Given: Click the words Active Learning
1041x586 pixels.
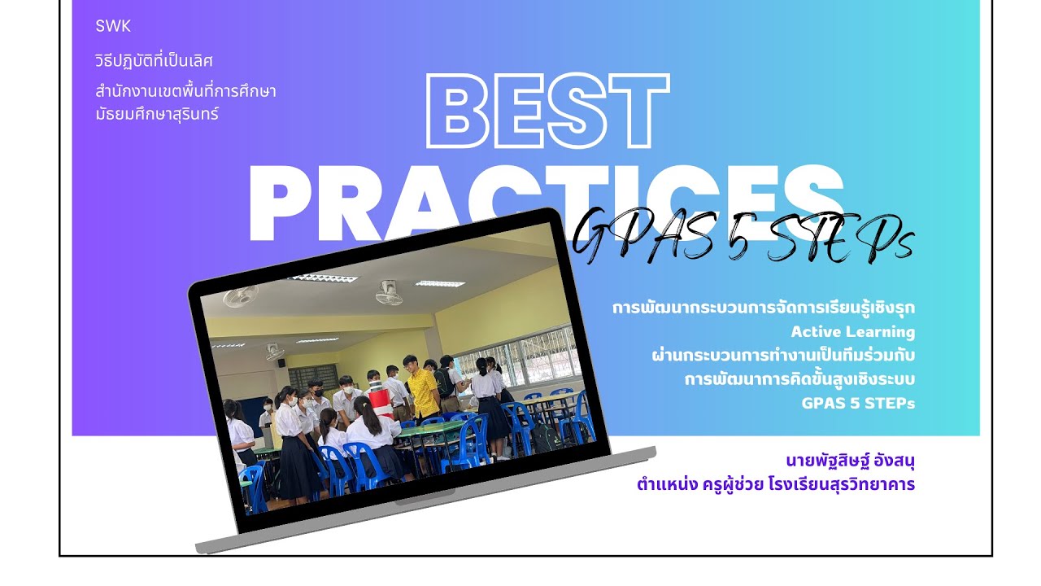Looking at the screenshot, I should pos(852,332).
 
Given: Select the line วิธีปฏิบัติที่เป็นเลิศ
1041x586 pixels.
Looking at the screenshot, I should pos(154,61).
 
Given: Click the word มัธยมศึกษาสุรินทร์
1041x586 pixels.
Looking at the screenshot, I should pos(157,114).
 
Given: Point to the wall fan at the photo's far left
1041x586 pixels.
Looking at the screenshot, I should pos(241,295).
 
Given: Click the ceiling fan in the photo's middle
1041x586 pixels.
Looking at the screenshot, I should pos(389,292).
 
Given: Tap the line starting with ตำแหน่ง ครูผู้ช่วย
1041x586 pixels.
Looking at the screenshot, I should pos(776,484).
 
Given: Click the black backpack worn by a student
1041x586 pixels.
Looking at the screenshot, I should pos(444,382).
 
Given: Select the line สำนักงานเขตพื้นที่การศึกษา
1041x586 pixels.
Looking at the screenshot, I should pos(185,90).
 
